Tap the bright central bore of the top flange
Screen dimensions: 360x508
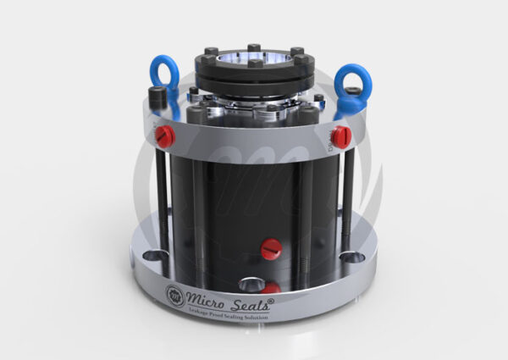(254, 59)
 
